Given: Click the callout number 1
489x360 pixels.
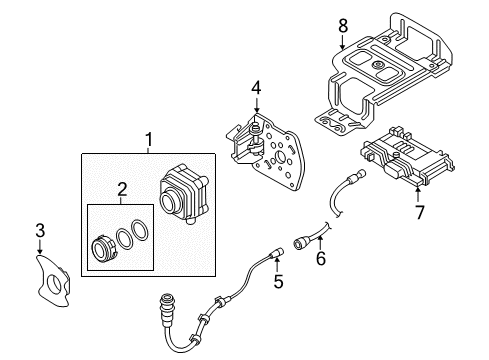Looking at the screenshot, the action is click(149, 140).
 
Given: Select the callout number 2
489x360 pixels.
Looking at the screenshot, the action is click(122, 190).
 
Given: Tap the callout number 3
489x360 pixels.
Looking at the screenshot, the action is click(40, 231).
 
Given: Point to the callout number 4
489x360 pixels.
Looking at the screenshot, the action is click(256, 88).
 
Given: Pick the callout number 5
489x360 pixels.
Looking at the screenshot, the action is click(278, 282).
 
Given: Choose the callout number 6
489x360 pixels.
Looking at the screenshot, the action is click(321, 258).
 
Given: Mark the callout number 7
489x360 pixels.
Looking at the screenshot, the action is click(419, 212).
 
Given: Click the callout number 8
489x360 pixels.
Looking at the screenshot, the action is click(343, 26).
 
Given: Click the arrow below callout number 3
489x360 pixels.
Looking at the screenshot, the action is click(40, 247).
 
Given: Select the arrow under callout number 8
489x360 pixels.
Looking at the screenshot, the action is click(343, 42).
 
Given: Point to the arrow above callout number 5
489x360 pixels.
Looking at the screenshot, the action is click(277, 265).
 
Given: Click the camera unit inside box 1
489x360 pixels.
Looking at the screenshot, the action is click(184, 195).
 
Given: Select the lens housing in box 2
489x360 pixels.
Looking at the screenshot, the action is click(103, 249).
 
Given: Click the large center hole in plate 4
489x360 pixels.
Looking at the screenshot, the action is click(280, 159).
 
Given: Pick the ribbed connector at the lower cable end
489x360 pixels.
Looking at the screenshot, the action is click(166, 307).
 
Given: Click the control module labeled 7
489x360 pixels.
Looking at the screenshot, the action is click(407, 157).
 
